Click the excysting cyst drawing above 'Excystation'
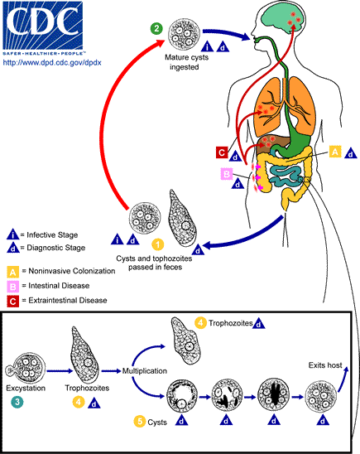click(27, 362)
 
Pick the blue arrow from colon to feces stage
click(248, 236)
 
